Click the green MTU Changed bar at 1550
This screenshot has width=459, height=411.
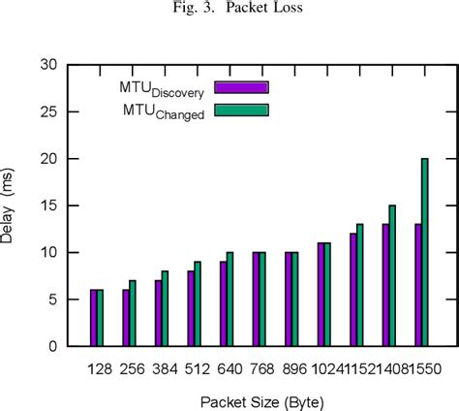[424, 252]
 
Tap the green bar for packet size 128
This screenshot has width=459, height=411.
[99, 318]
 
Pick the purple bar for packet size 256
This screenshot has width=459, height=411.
[125, 318]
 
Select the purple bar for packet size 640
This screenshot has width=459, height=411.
[223, 303]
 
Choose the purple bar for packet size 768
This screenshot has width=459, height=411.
[255, 299]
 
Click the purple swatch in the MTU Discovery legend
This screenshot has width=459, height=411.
[241, 87]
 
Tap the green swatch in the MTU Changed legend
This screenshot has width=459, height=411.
[241, 110]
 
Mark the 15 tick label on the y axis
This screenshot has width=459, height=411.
[55, 205]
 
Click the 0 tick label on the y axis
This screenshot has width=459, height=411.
[59, 346]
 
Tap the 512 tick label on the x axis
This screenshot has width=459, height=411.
[194, 370]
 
